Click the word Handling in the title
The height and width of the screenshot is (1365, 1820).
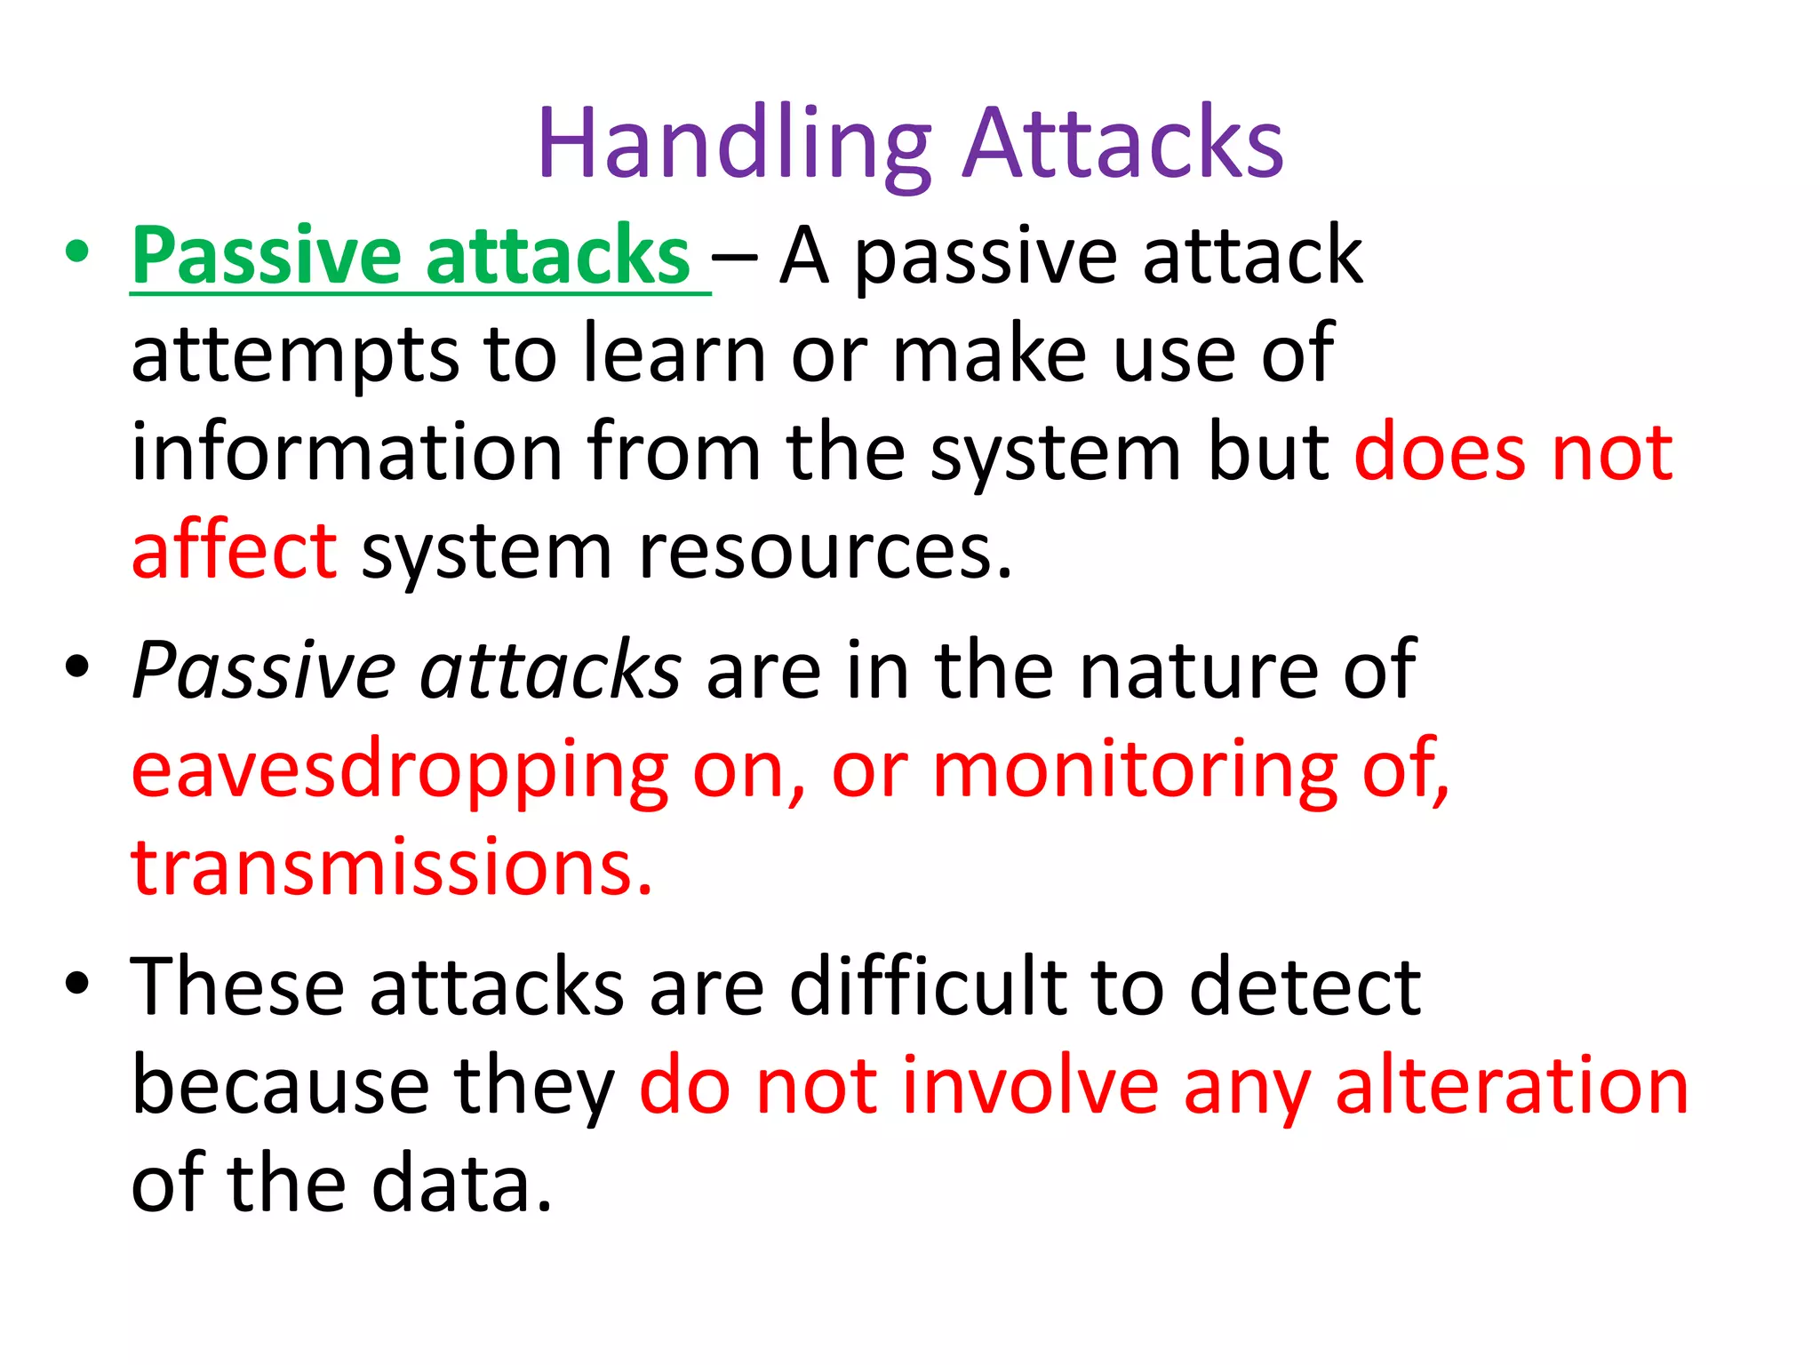point(734,144)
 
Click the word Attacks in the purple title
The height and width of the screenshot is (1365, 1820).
point(1124,144)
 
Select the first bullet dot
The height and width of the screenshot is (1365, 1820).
point(77,251)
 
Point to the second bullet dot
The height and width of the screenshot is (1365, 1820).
point(77,667)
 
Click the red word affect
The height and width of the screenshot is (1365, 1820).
point(234,551)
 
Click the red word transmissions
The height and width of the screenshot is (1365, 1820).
point(391,866)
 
